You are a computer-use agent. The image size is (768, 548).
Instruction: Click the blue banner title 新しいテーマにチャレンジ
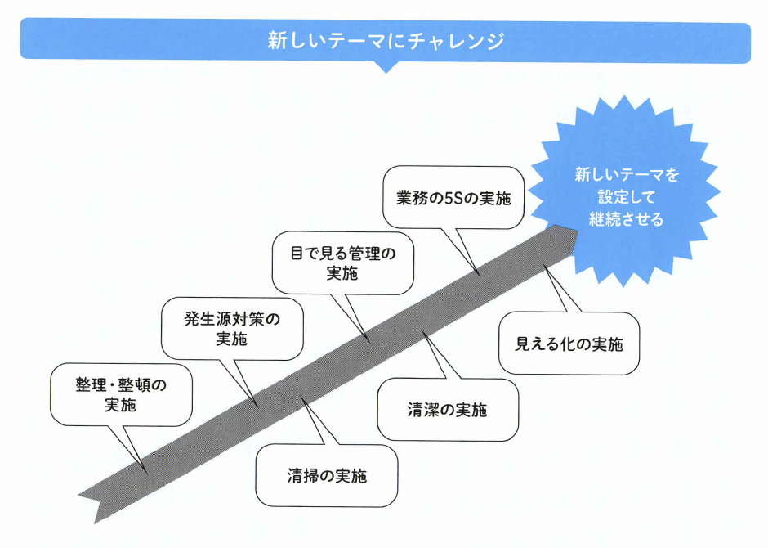tap(385, 40)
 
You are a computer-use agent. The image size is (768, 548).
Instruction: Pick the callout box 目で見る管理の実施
tap(343, 263)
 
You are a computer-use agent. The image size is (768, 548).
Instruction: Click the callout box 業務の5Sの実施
tap(453, 197)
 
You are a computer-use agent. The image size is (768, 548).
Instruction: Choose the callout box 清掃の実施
tap(327, 476)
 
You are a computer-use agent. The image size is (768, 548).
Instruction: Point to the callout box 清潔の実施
tap(448, 410)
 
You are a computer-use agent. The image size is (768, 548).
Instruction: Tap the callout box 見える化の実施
tap(569, 344)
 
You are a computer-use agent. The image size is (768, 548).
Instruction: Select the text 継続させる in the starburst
tap(626, 219)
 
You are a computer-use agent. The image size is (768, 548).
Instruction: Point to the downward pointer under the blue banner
tap(385, 67)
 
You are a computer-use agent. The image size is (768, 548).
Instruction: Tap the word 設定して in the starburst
tap(626, 197)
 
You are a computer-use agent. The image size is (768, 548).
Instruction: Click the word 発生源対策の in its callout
tap(232, 319)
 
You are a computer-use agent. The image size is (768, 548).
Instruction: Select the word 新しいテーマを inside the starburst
tap(626, 175)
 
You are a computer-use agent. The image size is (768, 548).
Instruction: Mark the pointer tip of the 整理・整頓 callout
tap(145, 472)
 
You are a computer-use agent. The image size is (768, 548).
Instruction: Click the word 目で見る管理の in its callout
tap(343, 254)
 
